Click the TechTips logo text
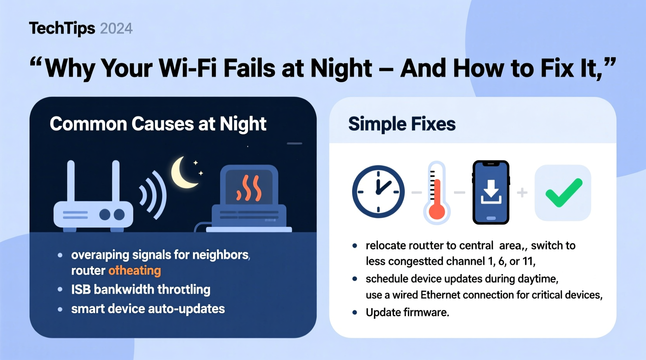tap(62, 28)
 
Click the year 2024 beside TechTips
tap(116, 29)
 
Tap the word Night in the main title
tap(341, 68)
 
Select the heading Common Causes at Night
tap(158, 124)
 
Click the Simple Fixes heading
tap(401, 124)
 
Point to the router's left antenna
tap(71, 181)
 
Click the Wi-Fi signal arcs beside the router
tap(154, 194)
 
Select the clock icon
tap(378, 192)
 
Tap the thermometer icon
tap(437, 193)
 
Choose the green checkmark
tap(563, 193)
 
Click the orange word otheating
tap(134, 270)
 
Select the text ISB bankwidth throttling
tap(141, 289)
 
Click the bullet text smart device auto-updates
tap(148, 309)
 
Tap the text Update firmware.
tap(407, 312)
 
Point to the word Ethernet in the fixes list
tap(440, 295)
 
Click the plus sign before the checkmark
tap(522, 192)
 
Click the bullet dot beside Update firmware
tap(354, 312)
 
